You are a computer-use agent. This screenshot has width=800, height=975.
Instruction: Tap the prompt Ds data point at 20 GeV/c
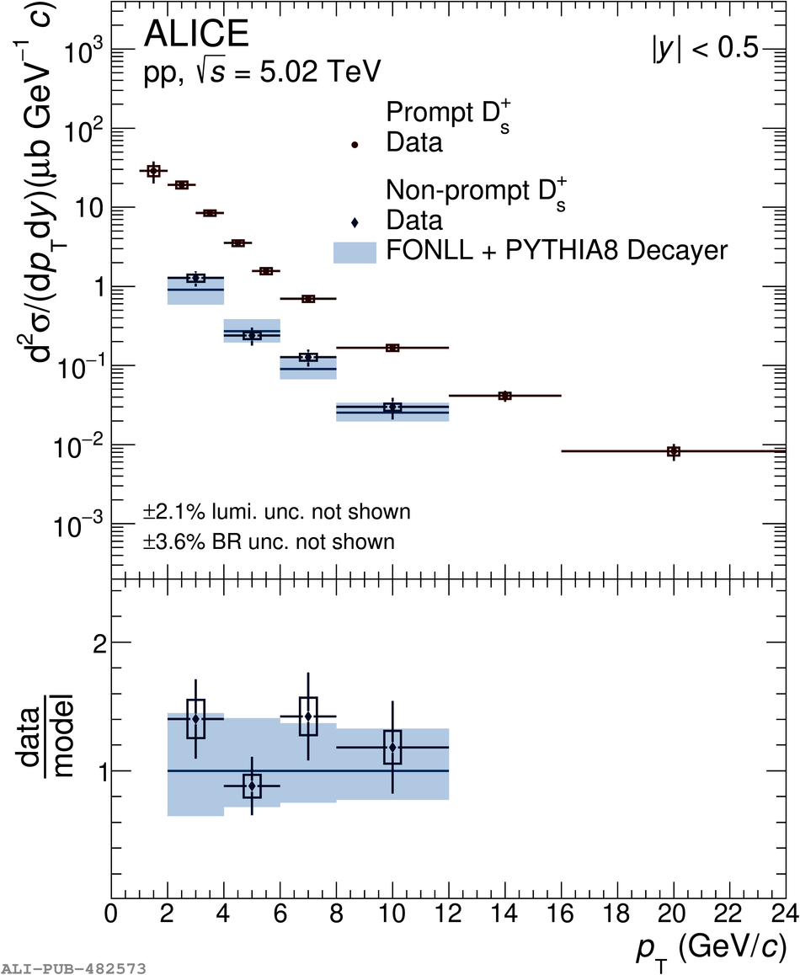point(673,451)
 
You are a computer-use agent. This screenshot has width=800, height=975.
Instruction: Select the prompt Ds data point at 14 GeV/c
point(504,396)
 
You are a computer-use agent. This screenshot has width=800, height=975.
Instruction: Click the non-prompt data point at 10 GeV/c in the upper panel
point(392,408)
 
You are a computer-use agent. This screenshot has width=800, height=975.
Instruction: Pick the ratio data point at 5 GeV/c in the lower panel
point(252,786)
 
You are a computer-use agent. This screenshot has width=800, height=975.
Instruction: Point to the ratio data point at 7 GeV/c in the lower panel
point(308,717)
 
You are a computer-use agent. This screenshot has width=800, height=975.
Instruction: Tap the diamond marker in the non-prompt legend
point(355,222)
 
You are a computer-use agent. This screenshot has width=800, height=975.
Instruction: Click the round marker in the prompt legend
point(355,144)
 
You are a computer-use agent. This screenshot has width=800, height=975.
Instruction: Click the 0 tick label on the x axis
point(111,914)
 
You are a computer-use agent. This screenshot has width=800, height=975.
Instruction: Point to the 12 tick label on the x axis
point(448,914)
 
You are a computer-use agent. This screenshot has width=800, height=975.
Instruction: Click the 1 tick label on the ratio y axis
point(99,772)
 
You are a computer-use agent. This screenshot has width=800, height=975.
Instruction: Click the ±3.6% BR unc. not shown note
point(269,541)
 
